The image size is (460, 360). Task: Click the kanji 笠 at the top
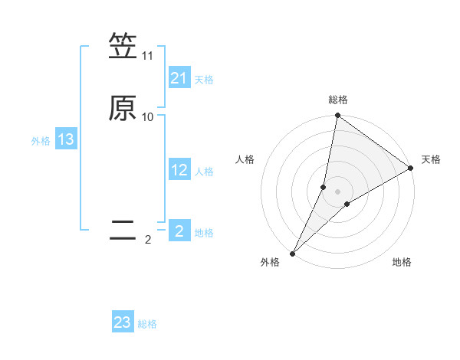[123, 47]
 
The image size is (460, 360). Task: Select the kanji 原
[123, 108]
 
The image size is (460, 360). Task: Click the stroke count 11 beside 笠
[147, 56]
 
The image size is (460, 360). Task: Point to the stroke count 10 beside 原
[147, 117]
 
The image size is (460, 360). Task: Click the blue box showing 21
[179, 77]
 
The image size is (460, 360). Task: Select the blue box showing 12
[179, 170]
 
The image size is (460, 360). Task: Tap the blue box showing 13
[66, 139]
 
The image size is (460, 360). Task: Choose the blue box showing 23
[123, 322]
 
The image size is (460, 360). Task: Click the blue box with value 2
[179, 231]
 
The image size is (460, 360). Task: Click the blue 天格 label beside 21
[204, 79]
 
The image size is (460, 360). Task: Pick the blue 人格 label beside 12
[204, 172]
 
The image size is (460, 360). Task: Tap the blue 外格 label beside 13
[40, 141]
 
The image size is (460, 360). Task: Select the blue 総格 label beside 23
[147, 324]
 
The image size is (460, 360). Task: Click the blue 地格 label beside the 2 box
[204, 233]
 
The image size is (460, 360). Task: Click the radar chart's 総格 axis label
[338, 100]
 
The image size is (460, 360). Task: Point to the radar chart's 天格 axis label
[431, 159]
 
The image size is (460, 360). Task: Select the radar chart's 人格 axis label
[245, 159]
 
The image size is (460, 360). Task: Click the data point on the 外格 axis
[292, 254]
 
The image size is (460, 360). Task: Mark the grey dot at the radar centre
[338, 191]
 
